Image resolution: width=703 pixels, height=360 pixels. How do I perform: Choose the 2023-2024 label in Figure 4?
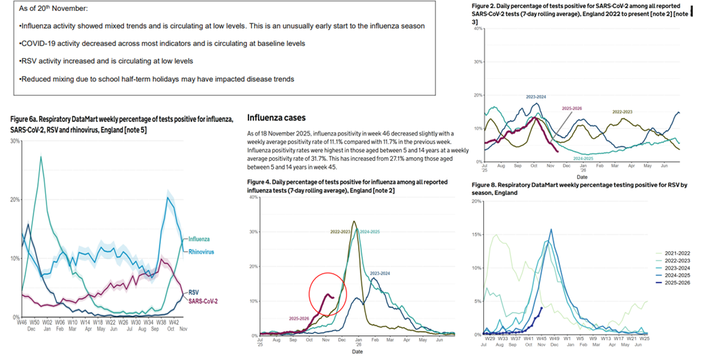click(383, 273)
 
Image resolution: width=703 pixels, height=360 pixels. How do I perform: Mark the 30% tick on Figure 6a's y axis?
click(14, 140)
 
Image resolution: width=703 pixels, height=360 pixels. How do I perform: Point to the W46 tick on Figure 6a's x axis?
click(24, 321)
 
